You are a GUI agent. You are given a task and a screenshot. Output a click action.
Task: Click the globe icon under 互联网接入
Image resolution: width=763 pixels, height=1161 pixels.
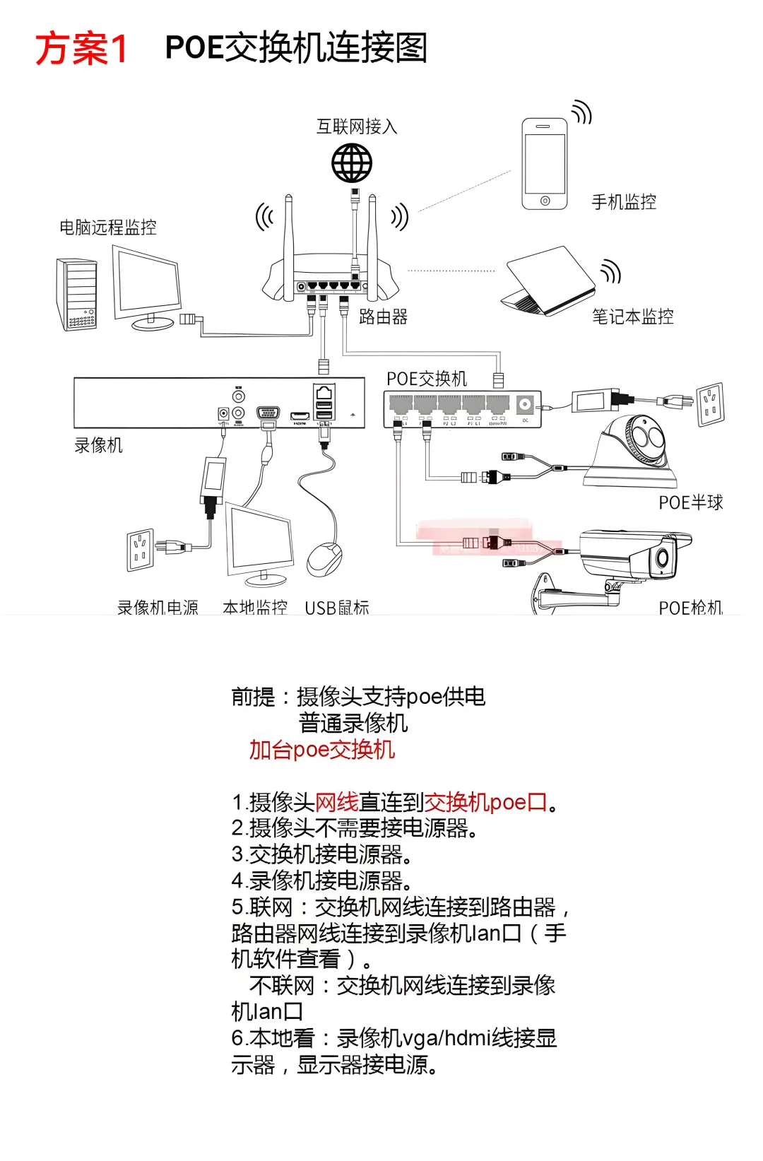[352, 163]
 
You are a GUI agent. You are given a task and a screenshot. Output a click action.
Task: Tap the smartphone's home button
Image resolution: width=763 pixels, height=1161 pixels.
[545, 201]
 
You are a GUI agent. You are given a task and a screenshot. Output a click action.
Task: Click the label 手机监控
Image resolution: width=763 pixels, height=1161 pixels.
[624, 202]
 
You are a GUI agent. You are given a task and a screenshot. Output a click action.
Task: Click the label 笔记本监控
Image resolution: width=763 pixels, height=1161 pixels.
[632, 317]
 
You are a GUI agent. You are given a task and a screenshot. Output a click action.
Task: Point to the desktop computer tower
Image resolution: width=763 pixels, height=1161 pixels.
[76, 295]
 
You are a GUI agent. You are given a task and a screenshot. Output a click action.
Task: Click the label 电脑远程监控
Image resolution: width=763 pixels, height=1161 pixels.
[108, 228]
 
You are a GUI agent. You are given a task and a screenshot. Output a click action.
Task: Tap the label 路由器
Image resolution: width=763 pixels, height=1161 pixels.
[383, 317]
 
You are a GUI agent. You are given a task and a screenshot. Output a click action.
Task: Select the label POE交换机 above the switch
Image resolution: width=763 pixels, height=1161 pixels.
[427, 379]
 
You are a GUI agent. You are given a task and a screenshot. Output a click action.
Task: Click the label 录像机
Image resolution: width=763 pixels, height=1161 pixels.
[98, 445]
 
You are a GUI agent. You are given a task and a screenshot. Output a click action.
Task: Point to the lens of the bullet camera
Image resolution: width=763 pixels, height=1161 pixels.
[663, 558]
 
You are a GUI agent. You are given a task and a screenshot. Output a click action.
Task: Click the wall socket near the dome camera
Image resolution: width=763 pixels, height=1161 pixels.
[711, 404]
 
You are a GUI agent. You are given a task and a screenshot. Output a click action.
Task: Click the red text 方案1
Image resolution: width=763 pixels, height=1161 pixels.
[81, 49]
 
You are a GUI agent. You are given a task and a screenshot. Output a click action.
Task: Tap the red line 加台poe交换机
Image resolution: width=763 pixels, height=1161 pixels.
[321, 750]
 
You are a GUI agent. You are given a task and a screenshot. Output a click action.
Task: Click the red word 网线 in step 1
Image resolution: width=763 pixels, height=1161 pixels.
[336, 803]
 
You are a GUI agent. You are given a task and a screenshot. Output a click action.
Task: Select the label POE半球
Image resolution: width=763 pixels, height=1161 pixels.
[690, 502]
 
